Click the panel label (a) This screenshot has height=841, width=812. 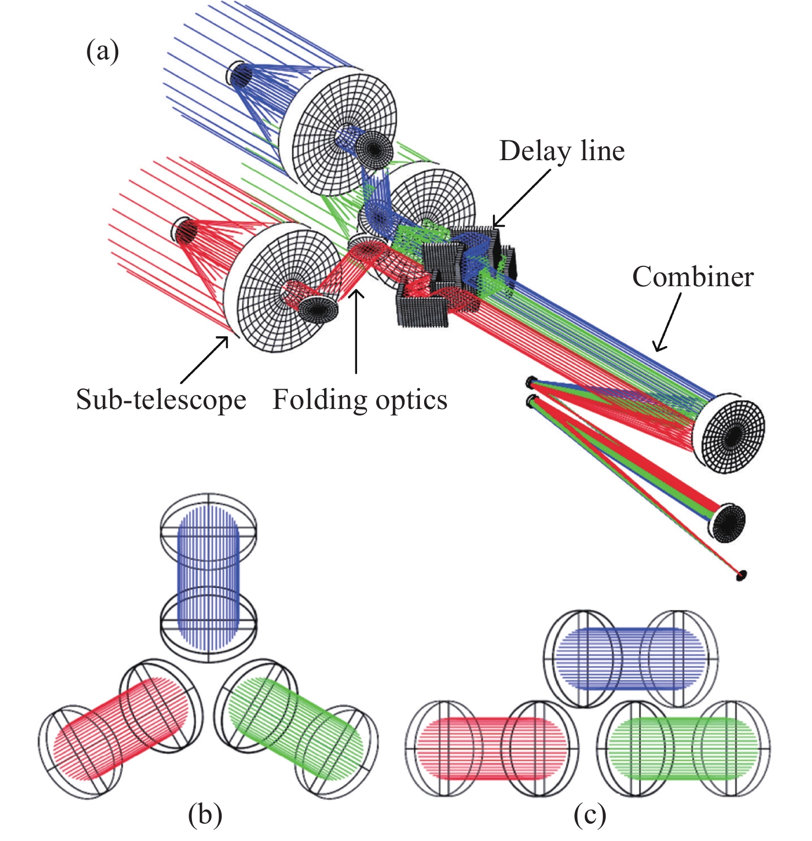click(102, 52)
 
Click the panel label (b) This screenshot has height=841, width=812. click(205, 815)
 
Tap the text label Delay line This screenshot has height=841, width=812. click(562, 151)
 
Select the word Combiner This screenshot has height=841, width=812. click(693, 276)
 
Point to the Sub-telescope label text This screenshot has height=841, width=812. click(161, 400)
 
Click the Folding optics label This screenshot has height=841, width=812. click(360, 400)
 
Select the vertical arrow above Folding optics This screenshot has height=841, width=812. click(357, 330)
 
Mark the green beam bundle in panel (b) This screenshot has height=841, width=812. click(297, 727)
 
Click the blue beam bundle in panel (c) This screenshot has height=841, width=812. click(630, 659)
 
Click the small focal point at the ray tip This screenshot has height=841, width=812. click(742, 576)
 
